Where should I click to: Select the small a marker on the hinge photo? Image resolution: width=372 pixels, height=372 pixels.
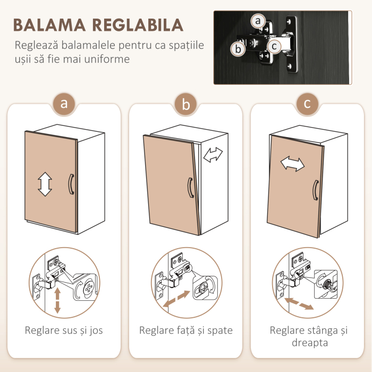258,21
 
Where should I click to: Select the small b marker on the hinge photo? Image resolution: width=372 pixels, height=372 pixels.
239,49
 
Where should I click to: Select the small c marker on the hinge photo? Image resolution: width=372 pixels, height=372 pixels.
274,46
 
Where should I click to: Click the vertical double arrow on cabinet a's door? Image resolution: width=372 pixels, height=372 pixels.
45,183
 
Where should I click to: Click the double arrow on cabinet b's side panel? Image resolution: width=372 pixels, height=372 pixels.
213,155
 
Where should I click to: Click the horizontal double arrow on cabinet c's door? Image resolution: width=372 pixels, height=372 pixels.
293,164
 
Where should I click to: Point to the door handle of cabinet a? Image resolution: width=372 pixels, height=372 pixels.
70,184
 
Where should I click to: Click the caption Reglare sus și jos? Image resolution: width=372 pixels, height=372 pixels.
64,331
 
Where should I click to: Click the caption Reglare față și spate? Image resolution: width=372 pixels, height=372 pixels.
185,331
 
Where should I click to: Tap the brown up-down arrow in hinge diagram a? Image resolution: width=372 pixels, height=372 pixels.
57,300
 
